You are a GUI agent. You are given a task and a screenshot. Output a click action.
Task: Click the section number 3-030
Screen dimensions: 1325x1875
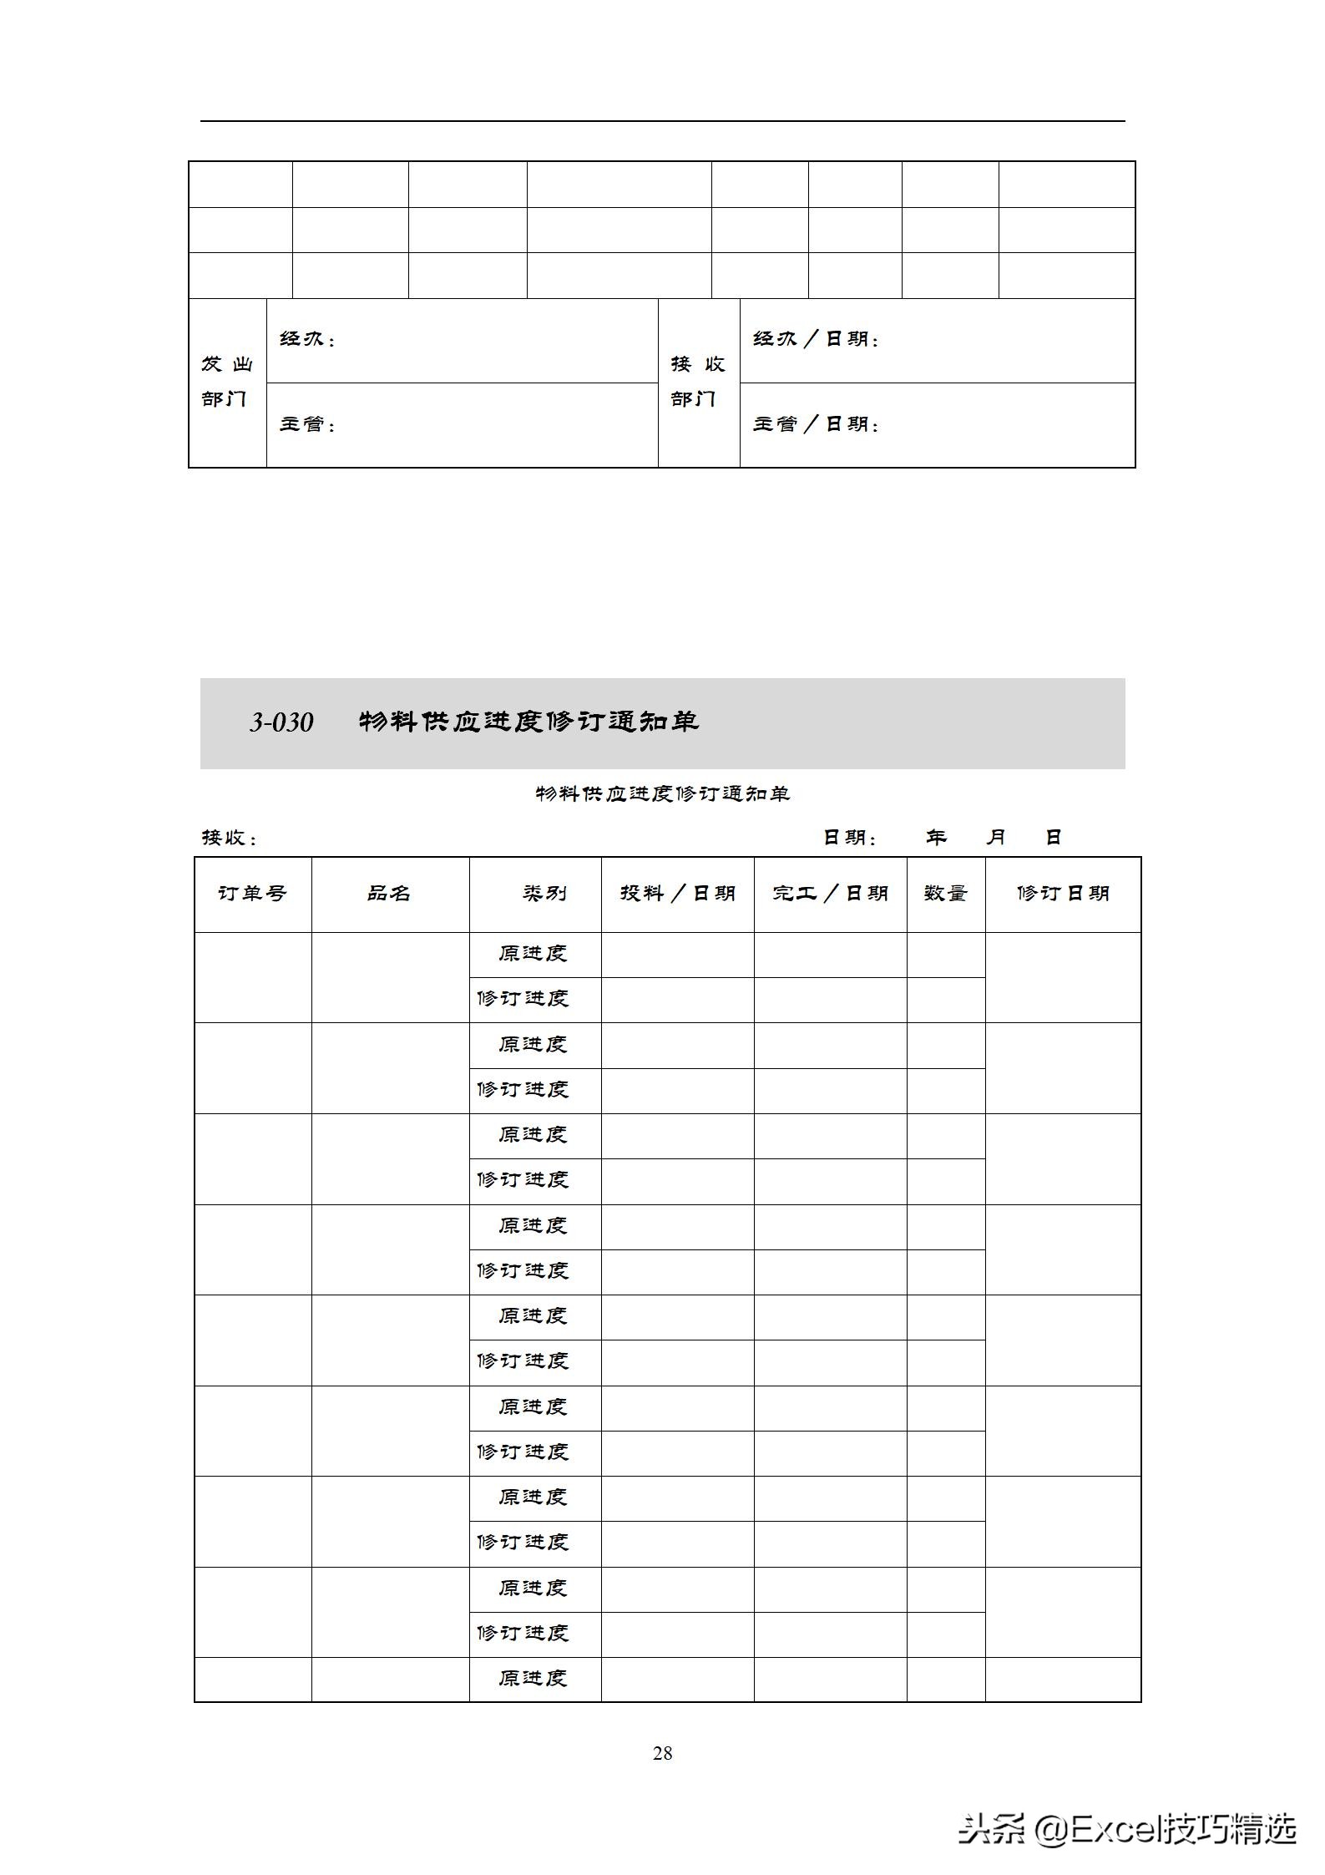point(281,722)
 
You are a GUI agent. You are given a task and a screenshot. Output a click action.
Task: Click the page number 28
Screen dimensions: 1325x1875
point(662,1753)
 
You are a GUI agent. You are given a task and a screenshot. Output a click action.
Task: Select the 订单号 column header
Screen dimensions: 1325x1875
point(252,894)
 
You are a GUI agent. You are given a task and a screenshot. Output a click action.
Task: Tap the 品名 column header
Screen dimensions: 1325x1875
point(389,894)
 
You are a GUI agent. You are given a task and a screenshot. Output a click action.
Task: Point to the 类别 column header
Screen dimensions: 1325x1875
point(544,894)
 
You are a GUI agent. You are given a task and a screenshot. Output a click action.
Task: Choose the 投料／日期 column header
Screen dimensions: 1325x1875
point(677,894)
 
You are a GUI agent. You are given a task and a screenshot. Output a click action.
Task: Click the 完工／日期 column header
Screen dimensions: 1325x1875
point(830,894)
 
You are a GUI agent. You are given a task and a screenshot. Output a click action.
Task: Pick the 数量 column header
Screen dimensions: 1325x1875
point(945,894)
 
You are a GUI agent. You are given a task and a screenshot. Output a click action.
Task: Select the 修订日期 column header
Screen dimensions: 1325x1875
point(1062,894)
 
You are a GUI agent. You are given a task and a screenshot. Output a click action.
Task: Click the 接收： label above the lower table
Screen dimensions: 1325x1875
point(230,838)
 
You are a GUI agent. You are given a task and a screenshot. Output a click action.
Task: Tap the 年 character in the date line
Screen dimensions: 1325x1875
point(936,837)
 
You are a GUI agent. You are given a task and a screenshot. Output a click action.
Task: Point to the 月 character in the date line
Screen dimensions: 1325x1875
point(995,837)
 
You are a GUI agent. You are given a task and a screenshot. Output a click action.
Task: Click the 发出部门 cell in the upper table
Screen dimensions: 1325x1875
point(227,382)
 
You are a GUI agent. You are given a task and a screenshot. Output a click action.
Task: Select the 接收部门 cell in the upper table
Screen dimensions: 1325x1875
point(698,382)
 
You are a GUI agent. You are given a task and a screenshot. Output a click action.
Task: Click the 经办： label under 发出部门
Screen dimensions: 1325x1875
point(307,340)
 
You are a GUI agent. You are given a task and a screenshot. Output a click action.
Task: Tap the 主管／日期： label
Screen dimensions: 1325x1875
point(816,424)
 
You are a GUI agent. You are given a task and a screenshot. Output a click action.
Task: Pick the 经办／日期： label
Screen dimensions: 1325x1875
point(816,340)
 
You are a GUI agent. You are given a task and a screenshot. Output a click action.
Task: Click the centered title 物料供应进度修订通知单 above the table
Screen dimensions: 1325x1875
point(662,793)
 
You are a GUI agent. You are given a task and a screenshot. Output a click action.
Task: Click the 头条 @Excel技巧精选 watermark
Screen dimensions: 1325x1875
point(1126,1829)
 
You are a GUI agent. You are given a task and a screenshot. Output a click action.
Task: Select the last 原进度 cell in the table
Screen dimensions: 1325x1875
point(534,1679)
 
